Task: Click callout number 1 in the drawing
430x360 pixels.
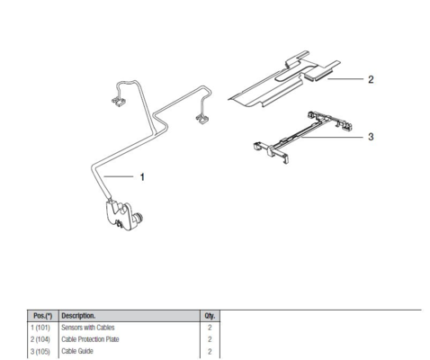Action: [142, 177]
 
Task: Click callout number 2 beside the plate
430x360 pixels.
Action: [371, 79]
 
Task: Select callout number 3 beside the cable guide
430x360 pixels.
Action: [371, 137]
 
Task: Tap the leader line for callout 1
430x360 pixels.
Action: [119, 176]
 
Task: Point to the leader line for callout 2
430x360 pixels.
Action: [345, 79]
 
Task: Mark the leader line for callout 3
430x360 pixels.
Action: [332, 137]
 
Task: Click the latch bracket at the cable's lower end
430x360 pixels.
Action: [124, 214]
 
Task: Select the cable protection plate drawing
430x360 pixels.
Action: [284, 78]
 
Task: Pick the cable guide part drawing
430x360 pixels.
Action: [302, 137]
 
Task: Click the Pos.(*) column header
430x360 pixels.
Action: [43, 316]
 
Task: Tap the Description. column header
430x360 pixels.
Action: [78, 316]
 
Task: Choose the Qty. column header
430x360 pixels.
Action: [210, 316]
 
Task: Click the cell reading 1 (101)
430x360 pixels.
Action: [40, 328]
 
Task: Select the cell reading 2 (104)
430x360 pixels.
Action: [40, 339]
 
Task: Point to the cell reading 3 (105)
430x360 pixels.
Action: [40, 351]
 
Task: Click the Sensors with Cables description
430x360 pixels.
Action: [88, 328]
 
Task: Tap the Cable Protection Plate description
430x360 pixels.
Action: [90, 339]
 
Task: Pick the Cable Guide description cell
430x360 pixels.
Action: [77, 351]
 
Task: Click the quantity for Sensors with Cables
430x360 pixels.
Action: [210, 328]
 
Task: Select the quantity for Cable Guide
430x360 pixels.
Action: [210, 351]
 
